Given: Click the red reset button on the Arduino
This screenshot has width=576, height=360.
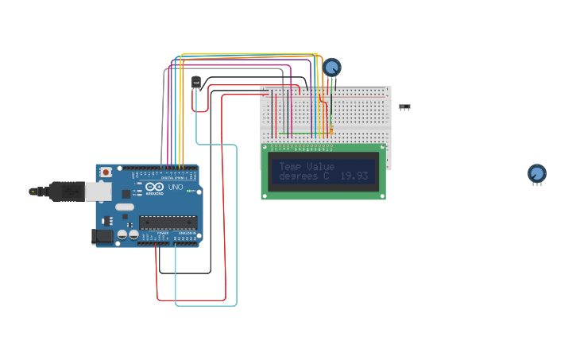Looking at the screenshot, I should (x=106, y=172).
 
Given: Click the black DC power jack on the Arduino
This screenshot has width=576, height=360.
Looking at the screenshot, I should (x=102, y=235).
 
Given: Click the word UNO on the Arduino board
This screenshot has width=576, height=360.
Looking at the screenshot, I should (x=175, y=187).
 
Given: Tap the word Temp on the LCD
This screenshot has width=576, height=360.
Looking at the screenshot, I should (x=290, y=166).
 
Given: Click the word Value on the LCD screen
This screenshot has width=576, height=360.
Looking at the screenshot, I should (x=321, y=166).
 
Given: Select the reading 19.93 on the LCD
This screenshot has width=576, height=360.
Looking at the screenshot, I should (x=354, y=176).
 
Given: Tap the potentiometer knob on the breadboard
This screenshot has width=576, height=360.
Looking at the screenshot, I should (x=332, y=68).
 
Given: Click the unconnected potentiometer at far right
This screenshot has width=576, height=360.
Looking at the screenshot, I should (x=537, y=173).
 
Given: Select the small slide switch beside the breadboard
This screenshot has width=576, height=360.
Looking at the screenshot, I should (x=405, y=106).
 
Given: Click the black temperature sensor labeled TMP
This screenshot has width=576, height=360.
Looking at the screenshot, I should (x=196, y=82).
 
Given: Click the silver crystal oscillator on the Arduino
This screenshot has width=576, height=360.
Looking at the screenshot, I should (x=126, y=207).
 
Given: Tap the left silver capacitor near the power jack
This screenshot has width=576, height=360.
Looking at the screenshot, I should (x=122, y=234).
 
